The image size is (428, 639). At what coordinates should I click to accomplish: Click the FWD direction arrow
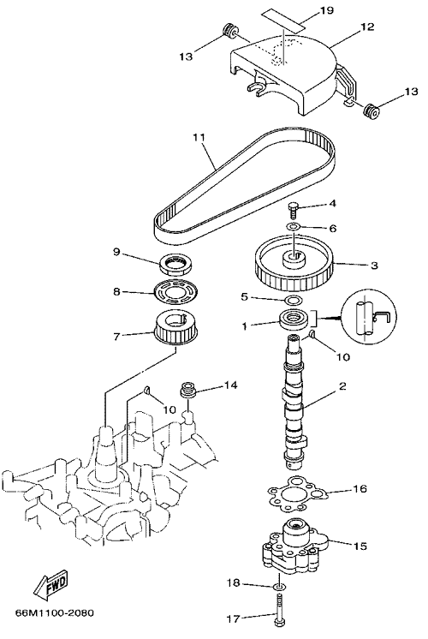pos(51,585)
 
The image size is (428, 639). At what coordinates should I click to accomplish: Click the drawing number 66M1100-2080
pos(54,612)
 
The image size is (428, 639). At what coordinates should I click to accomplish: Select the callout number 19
pos(327,9)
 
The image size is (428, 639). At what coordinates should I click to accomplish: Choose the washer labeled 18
pos(279,587)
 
